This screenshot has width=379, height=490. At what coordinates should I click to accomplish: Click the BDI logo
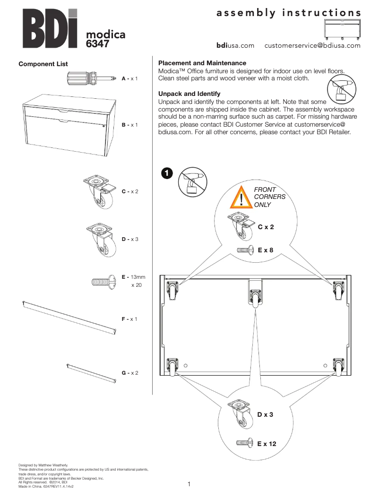49,29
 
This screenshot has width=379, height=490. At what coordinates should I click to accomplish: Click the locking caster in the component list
100,191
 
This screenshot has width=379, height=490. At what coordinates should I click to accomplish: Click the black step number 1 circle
167,173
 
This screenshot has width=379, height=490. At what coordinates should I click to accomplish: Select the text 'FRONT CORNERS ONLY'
269,197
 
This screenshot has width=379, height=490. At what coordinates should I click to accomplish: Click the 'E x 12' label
267,444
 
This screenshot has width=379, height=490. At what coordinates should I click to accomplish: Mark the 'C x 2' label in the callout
266,227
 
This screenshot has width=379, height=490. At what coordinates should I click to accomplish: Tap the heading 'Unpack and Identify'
189,94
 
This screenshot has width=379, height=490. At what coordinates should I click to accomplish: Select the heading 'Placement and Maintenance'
202,63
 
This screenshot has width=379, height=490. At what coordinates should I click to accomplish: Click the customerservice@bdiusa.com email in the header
312,46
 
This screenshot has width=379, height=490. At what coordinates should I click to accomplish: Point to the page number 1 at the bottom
189,483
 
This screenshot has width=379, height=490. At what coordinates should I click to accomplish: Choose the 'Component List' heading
43,64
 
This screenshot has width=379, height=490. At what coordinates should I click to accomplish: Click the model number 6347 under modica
98,44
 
